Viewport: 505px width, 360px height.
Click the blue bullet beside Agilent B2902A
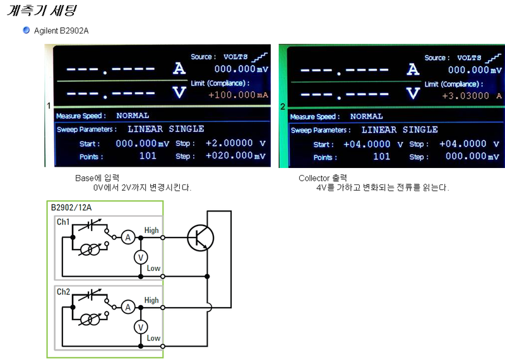coord(27,30)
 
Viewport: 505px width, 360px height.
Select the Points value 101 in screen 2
coord(381,157)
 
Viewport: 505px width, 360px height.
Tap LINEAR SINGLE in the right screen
coord(400,129)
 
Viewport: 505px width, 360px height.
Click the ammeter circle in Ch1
coord(128,237)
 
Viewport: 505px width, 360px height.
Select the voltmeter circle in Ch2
coord(142,327)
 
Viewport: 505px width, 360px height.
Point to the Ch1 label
coord(64,222)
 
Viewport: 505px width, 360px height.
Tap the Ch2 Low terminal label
coord(153,338)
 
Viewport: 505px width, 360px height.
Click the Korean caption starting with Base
coord(97,177)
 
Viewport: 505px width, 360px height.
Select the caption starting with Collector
coord(323,177)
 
